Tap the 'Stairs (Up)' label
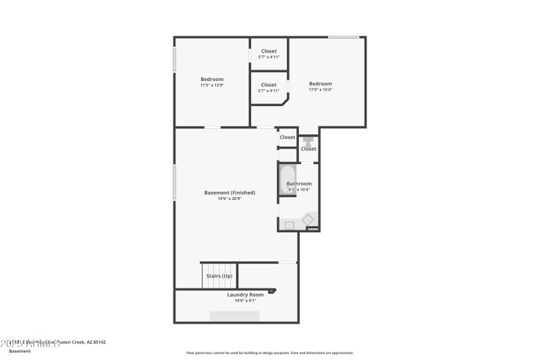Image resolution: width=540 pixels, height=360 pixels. pos(219,276)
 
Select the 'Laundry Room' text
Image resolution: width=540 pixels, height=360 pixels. pos(245,294)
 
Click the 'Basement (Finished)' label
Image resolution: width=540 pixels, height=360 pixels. pos(230,192)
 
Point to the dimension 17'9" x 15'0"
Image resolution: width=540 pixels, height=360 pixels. pos(321,90)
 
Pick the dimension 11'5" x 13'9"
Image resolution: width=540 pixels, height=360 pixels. pos(212,85)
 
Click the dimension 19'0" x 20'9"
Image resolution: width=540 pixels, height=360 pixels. pos(230,199)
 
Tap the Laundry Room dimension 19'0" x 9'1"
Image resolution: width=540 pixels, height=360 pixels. pos(245,301)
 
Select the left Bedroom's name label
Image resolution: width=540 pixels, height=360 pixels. pos(212,79)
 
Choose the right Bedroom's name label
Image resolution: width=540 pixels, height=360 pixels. pos(321,84)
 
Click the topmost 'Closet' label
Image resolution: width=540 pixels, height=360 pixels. pos(269,51)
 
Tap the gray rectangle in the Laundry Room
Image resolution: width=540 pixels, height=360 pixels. pos(234,316)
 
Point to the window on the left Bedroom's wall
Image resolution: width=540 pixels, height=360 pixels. pos(175,59)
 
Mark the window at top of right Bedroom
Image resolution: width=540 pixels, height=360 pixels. pos(344,37)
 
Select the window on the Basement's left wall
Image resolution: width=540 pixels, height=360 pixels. pos(175,182)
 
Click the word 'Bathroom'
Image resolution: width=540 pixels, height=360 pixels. pos(299,184)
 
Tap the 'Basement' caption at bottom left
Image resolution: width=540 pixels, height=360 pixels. pos(20,351)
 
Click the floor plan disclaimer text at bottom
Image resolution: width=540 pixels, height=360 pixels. pos(269,353)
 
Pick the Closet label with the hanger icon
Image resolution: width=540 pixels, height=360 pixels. pos(308,149)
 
